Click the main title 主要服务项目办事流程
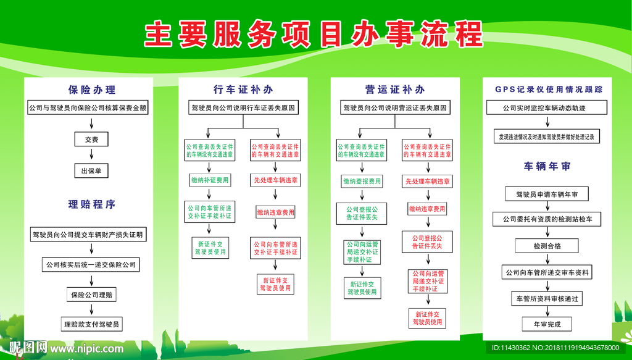(313, 35)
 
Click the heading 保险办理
(92, 90)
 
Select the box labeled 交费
(91, 140)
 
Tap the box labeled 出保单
(91, 170)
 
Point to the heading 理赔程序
(92, 204)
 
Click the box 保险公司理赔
(91, 295)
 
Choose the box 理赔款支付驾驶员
(91, 324)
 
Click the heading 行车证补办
(243, 90)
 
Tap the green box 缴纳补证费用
(209, 180)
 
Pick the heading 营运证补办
(395, 90)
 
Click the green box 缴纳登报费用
(362, 181)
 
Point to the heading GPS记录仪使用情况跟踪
(549, 90)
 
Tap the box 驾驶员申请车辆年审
(547, 195)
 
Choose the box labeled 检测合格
(547, 246)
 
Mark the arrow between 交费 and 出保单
(91, 155)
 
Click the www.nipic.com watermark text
(87, 349)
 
